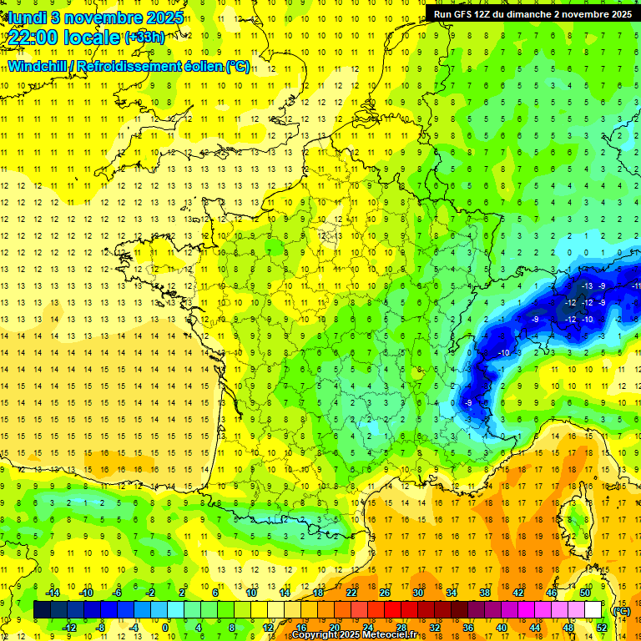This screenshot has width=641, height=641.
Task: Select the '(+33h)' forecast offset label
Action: click(x=144, y=38)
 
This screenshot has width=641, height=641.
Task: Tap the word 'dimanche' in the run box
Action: click(x=543, y=14)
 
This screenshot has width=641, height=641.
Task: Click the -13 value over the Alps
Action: click(x=587, y=286)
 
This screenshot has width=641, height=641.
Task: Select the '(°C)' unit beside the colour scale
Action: click(x=621, y=611)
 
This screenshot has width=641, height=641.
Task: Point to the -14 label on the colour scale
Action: click(x=53, y=593)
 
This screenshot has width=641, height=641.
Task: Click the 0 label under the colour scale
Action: click(x=164, y=628)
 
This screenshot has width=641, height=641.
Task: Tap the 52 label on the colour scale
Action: click(x=601, y=628)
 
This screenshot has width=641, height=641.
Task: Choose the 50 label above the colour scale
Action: click(x=584, y=593)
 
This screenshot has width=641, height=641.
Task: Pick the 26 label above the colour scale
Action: click(x=384, y=593)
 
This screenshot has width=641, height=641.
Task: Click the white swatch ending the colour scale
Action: click(x=593, y=610)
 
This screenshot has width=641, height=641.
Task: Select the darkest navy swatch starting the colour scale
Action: click(x=41, y=610)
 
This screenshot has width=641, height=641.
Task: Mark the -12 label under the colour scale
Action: click(x=69, y=628)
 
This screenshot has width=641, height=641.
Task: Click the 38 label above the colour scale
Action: click(x=484, y=593)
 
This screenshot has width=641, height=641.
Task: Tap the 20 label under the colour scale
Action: click(x=334, y=628)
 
